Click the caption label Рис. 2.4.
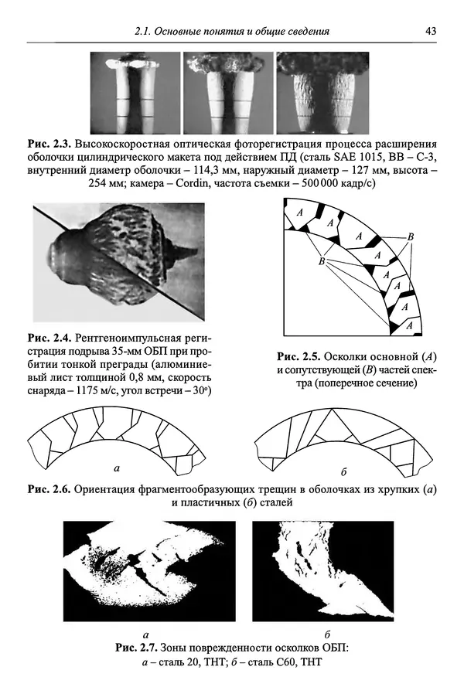pyautogui.click(x=49, y=338)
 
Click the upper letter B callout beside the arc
pyautogui.click(x=411, y=235)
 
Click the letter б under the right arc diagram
pyautogui.click(x=343, y=470)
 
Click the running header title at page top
pyautogui.click(x=232, y=31)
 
